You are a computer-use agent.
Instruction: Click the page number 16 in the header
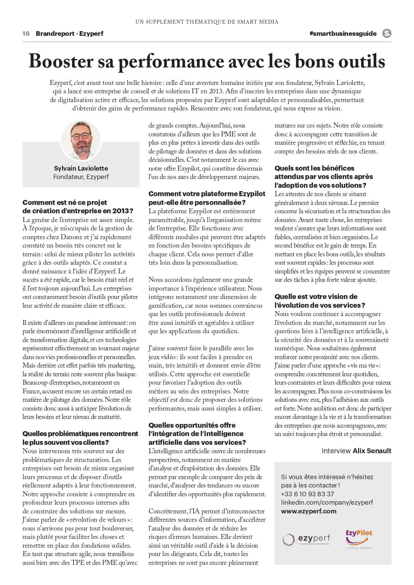tap(26, 34)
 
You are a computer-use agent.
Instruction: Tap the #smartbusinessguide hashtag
tap(343, 34)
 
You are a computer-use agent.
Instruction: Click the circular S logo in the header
tap(387, 34)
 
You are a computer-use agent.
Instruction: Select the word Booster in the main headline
tap(61, 62)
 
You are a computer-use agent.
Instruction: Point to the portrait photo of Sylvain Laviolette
tap(81, 140)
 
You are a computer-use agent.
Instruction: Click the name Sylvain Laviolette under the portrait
tap(81, 168)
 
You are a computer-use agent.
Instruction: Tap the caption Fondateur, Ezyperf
tap(81, 177)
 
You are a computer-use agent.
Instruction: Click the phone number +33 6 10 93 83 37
tap(307, 494)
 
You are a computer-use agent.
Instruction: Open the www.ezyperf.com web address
tap(309, 511)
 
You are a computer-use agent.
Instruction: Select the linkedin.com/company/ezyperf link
tap(327, 502)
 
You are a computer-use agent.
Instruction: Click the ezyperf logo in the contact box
tap(306, 539)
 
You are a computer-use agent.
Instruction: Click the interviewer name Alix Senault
tap(372, 451)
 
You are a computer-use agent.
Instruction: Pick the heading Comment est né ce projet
tap(65, 203)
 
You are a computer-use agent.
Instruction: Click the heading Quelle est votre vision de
tap(316, 297)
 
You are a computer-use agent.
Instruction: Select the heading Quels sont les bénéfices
tap(314, 168)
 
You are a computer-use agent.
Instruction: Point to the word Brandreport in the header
tap(55, 34)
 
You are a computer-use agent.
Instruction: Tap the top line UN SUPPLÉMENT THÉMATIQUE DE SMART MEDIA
tap(207, 22)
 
